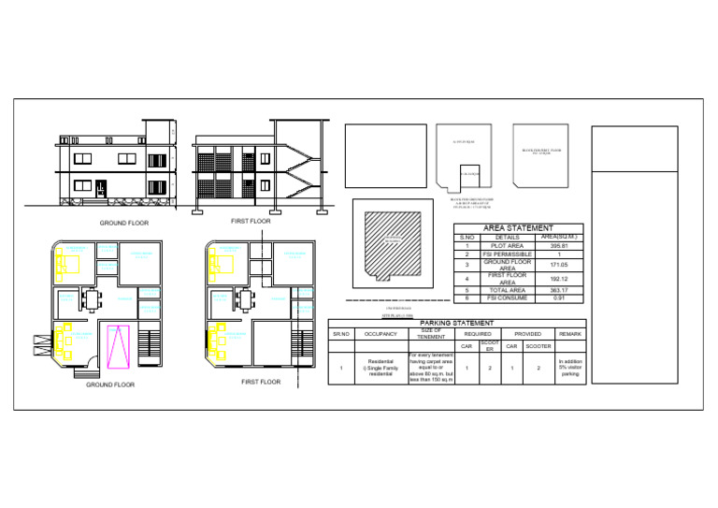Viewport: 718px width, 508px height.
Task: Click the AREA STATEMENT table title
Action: coord(518,227)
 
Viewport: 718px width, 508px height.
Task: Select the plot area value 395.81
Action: coord(559,246)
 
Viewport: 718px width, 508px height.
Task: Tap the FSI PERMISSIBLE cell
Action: coord(507,254)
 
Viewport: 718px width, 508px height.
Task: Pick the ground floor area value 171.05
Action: coord(559,265)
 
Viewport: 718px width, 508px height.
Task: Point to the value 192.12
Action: coord(559,279)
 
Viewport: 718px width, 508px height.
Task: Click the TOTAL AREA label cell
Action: coord(507,290)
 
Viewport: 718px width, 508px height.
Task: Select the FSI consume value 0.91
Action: coord(559,298)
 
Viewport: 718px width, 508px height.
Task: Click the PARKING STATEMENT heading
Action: coord(458,323)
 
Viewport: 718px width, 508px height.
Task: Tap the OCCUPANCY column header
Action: coord(381,334)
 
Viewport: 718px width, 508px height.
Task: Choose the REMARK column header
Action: coord(570,334)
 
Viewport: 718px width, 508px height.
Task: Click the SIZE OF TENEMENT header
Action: coord(431,333)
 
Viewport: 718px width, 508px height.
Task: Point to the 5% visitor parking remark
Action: coord(570,368)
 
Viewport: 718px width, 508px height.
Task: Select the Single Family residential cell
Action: coord(381,368)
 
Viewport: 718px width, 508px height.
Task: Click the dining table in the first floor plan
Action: coord(246,299)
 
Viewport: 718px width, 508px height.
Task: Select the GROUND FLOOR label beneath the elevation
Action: coord(124,224)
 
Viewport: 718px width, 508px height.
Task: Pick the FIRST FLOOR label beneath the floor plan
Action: coord(261,382)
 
